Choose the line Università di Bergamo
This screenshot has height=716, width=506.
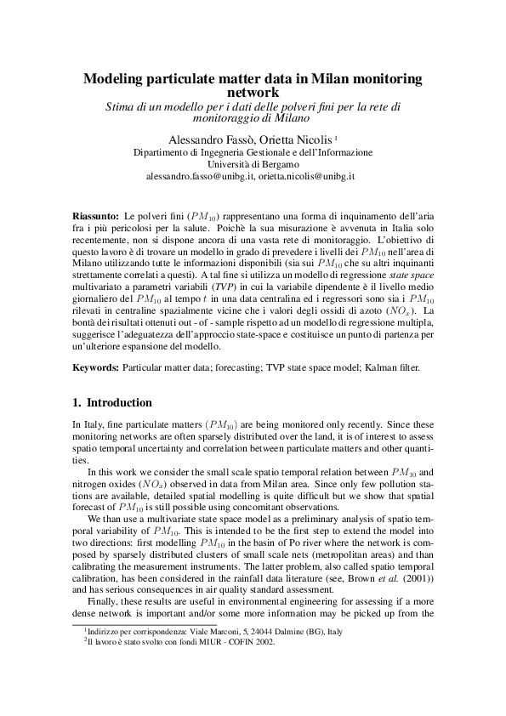pyautogui.click(x=253, y=164)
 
